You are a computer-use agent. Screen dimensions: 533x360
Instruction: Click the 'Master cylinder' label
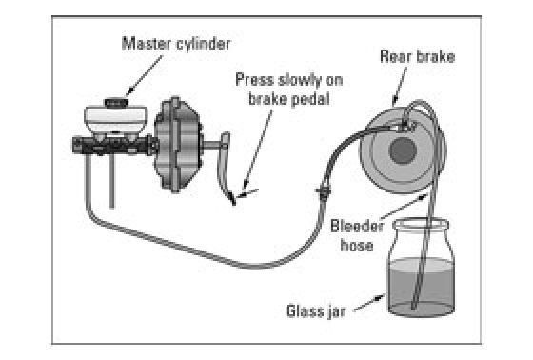176,44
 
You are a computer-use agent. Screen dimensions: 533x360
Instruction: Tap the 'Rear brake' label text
418,56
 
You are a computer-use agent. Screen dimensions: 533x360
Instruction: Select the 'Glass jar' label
316,311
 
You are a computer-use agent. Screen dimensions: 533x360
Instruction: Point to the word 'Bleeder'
357,226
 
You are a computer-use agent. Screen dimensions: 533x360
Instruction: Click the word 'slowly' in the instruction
300,80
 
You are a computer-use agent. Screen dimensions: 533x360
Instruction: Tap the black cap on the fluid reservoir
116,103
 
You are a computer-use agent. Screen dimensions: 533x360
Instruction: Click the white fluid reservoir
115,120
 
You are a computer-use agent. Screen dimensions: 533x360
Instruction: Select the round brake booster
177,145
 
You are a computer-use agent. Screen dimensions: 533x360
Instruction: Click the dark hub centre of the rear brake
403,150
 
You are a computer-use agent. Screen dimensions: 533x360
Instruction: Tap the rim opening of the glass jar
421,224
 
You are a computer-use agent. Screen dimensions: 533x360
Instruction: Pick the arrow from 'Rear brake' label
400,86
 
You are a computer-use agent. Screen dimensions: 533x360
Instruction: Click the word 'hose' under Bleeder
357,246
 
